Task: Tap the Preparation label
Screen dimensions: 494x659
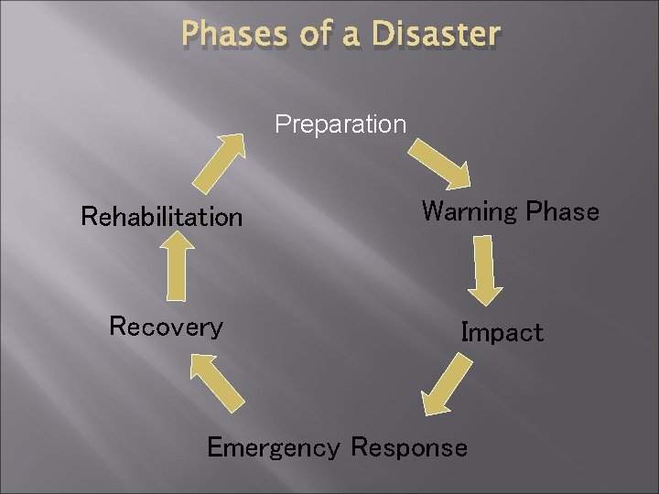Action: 340,123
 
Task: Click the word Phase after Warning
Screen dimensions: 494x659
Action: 563,212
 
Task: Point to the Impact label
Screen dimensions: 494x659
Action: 502,332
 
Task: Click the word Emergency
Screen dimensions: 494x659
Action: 273,447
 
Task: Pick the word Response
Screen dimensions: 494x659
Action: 408,447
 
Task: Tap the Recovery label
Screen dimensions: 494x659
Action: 166,327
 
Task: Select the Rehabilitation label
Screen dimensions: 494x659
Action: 162,217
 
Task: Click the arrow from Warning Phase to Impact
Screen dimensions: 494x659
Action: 486,270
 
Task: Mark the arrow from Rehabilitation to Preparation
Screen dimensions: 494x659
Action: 218,163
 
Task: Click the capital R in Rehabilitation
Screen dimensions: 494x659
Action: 89,217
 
